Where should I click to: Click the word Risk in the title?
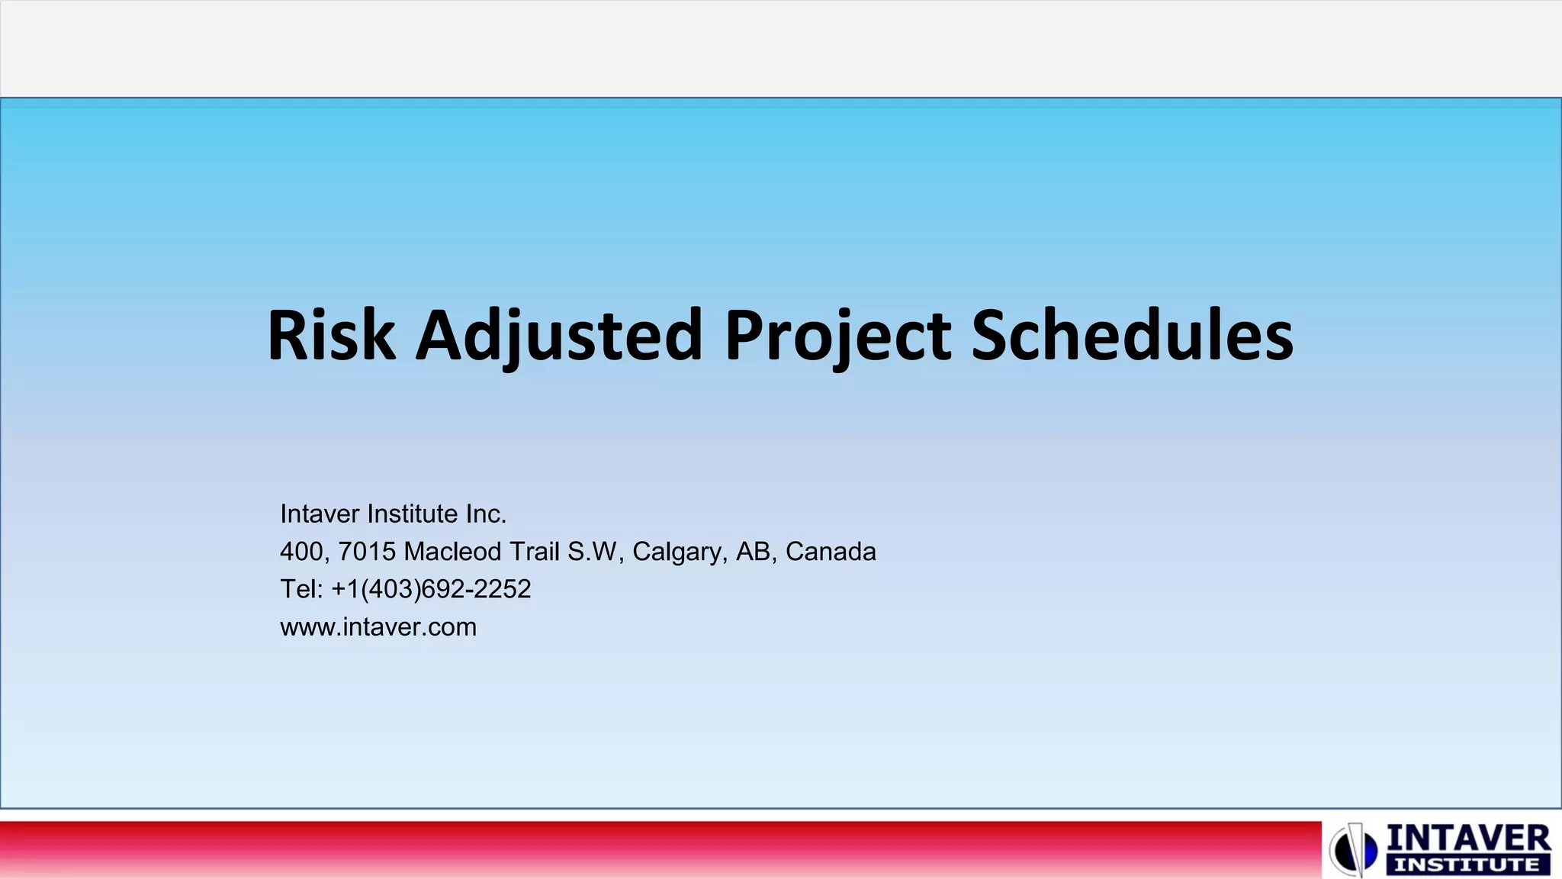click(x=331, y=336)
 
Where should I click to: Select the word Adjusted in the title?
click(x=558, y=336)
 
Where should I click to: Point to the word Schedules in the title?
click(x=1132, y=336)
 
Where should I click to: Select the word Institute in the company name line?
click(x=413, y=514)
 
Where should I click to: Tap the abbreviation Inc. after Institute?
click(x=486, y=514)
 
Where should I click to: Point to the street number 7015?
click(x=367, y=552)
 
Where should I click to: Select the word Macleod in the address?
click(x=452, y=552)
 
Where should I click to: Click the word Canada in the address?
click(x=831, y=552)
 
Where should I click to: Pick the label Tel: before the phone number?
click(x=302, y=589)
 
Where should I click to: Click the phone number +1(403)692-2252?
click(x=431, y=589)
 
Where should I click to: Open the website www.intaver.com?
click(x=378, y=627)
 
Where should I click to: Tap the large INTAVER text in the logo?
click(x=1467, y=838)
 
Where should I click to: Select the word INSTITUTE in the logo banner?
click(x=1467, y=865)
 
